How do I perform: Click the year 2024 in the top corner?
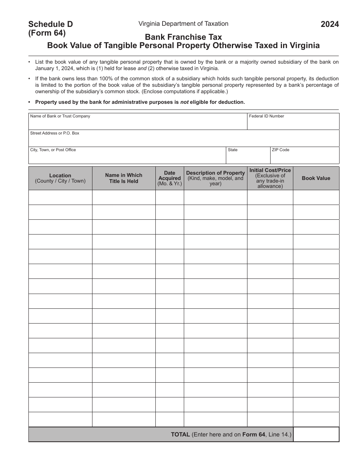pos(330,25)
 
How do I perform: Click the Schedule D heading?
pos(50,24)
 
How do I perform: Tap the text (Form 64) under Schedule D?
pos(47,33)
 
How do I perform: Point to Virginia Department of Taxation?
pos(183,23)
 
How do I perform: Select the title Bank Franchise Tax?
pos(183,37)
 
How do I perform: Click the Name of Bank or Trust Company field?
pos(138,123)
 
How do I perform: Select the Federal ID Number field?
pos(293,123)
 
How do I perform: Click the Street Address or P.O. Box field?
pos(183,140)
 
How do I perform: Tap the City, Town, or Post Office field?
pos(127,157)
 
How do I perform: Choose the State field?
pos(248,157)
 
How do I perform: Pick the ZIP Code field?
pos(305,157)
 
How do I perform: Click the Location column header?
pos(60,178)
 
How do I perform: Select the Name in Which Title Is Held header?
pos(124,178)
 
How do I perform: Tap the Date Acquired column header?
pos(170,178)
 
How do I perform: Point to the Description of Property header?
pos(215,178)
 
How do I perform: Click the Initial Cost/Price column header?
pos(270,178)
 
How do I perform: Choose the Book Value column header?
pos(316,178)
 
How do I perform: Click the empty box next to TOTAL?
pos(316,435)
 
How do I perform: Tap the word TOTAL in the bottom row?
pos(180,435)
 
